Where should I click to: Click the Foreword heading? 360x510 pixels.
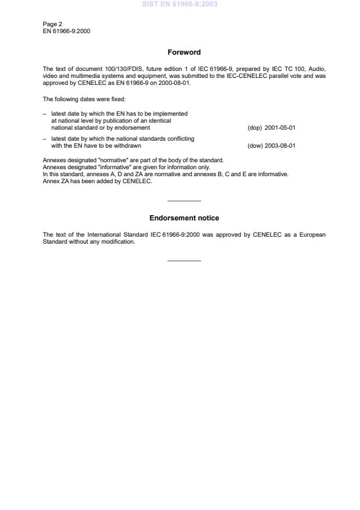[x=184, y=52]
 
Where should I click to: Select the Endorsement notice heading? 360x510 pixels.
[x=184, y=218]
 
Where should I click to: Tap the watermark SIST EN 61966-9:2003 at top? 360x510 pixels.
[x=179, y=5]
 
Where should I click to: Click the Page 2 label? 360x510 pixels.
[x=52, y=24]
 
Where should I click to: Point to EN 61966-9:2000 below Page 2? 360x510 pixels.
[x=66, y=31]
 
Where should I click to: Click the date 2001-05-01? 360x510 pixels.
[x=280, y=127]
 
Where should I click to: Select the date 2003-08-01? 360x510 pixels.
[x=280, y=145]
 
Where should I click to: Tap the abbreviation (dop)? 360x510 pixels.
[x=255, y=127]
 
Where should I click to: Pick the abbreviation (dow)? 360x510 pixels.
[x=255, y=145]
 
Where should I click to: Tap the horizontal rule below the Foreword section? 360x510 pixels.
[x=184, y=201]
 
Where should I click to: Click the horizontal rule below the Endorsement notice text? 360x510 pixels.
[x=184, y=261]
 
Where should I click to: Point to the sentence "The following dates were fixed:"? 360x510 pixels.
[x=80, y=99]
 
